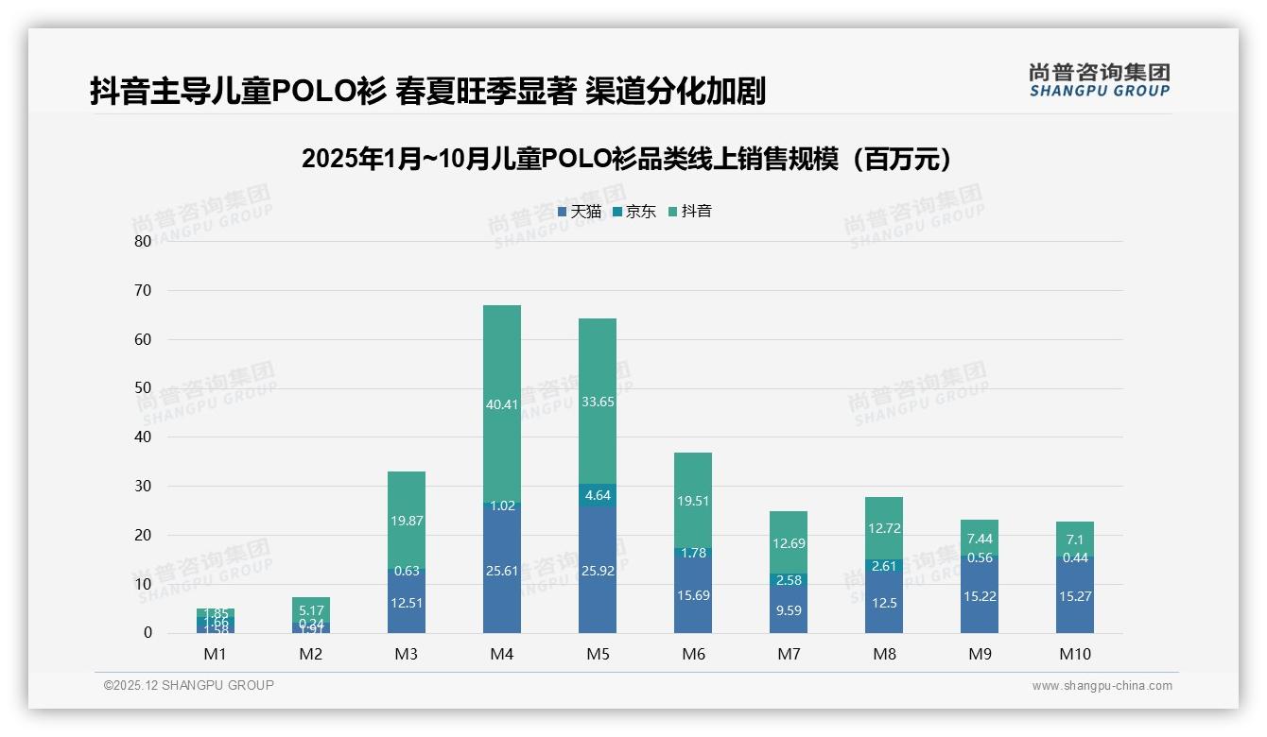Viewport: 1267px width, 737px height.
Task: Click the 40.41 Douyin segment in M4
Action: (501, 404)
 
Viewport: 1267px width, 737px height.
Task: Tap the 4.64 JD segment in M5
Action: (597, 495)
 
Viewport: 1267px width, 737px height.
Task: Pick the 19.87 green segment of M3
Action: (406, 521)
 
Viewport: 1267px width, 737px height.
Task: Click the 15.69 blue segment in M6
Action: (692, 594)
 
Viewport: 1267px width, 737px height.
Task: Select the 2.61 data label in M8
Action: (883, 566)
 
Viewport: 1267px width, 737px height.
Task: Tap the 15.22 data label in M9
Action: (979, 596)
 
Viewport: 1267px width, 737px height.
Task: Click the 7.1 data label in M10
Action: (1074, 539)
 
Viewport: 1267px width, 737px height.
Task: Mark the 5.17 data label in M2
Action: (310, 611)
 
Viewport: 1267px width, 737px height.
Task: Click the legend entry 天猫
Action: (579, 212)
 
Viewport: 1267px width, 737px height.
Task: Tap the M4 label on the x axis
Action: (501, 654)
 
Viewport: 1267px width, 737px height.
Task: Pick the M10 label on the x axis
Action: (1074, 654)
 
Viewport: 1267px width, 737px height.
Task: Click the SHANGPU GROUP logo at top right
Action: (1099, 79)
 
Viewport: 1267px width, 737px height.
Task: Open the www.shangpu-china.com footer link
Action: (1102, 686)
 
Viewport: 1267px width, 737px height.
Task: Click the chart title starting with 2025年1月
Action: (626, 159)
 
